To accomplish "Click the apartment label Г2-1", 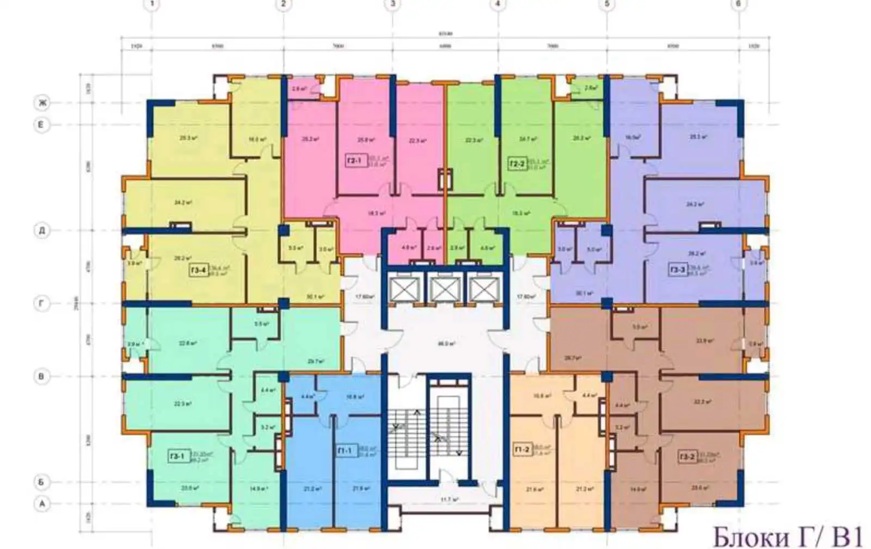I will tap(354, 161).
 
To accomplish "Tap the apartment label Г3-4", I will tap(199, 270).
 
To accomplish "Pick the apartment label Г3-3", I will tap(678, 270).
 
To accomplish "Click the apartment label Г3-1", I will tap(177, 456).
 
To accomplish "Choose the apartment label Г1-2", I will tap(522, 450).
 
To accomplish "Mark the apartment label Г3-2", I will tap(687, 456).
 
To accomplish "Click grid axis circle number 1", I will tap(152, 4).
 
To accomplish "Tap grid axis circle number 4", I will tap(498, 4).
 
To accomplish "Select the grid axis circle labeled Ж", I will tap(41, 102).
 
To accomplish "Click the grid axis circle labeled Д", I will tap(41, 230).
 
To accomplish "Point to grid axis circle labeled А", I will tap(41, 504).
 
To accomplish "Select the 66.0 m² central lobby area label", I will tap(446, 344).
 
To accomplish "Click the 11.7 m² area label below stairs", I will tap(449, 499).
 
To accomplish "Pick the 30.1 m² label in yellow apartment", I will tap(314, 297).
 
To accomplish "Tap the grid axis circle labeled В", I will tap(41, 376).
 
